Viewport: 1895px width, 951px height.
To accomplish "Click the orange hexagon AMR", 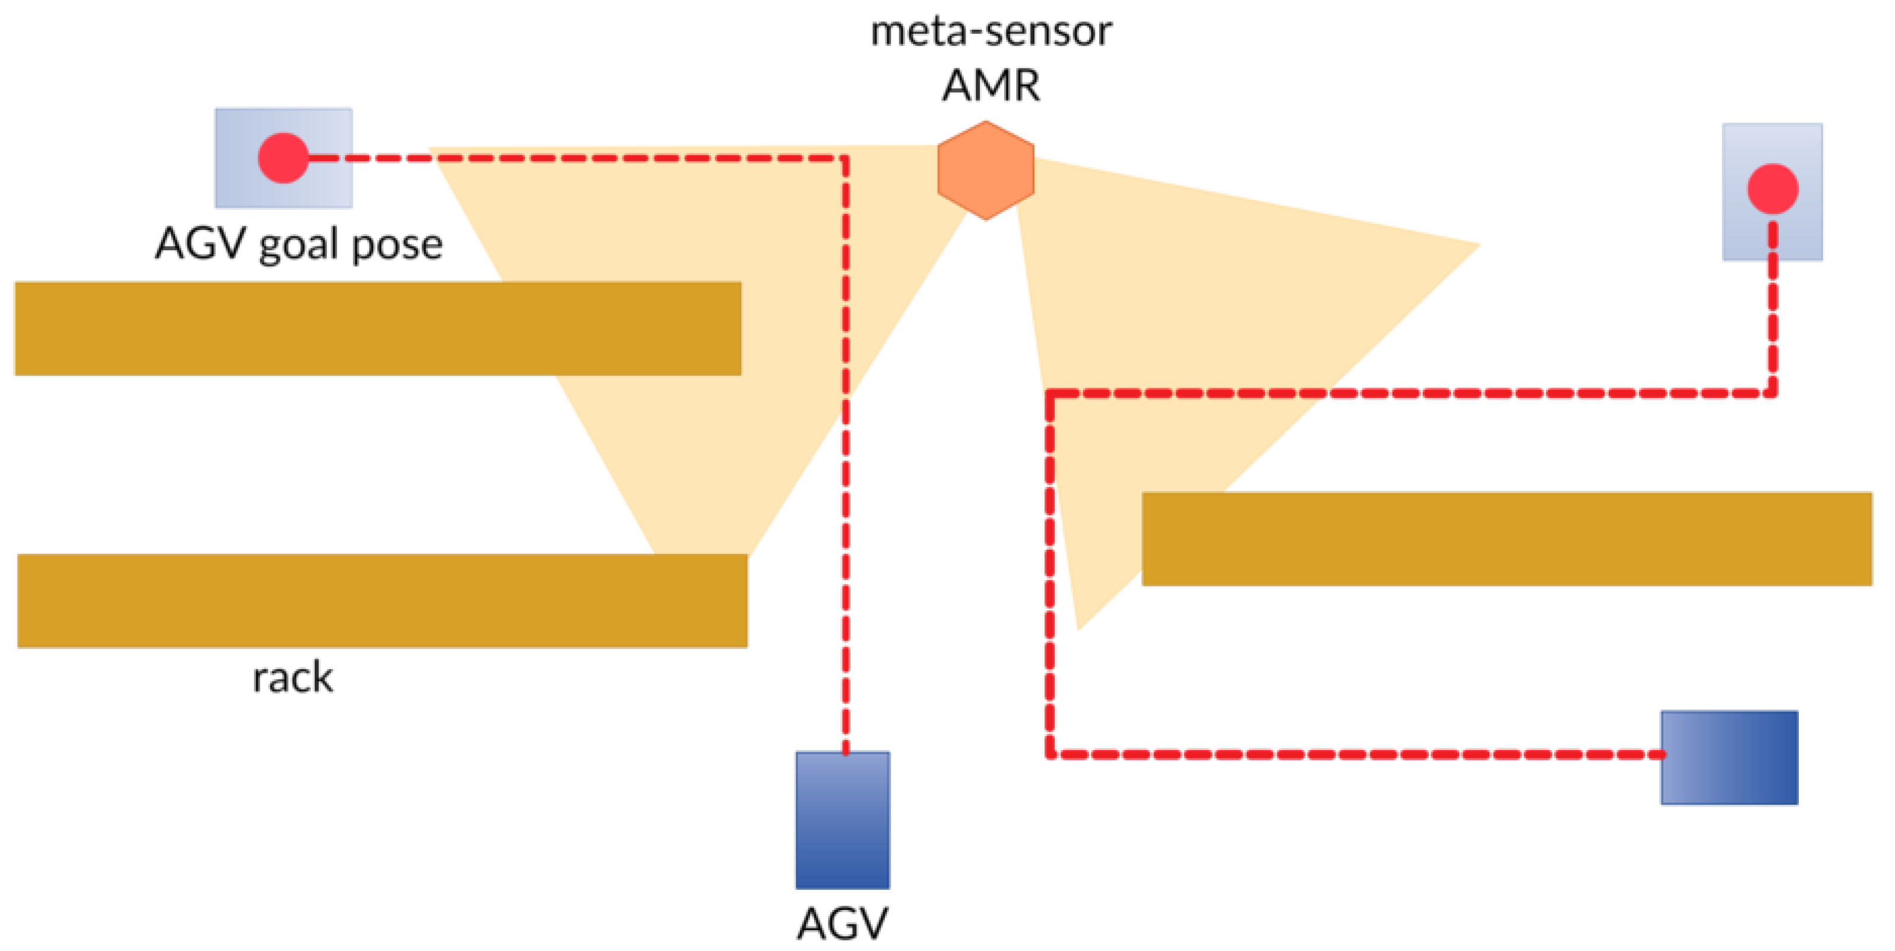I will tap(985, 171).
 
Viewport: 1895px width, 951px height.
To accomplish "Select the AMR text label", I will tap(991, 86).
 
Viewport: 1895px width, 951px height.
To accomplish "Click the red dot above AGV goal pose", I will tap(283, 158).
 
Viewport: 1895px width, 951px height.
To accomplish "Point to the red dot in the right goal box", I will tap(1772, 188).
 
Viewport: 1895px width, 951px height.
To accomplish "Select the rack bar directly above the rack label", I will tap(382, 601).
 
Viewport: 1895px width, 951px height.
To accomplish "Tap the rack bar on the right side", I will tap(1506, 539).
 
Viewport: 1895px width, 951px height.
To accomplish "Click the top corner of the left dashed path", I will tap(845, 158).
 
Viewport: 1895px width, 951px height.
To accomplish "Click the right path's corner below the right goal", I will tap(1772, 393).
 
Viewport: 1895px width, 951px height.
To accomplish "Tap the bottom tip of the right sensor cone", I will tap(1078, 629).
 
